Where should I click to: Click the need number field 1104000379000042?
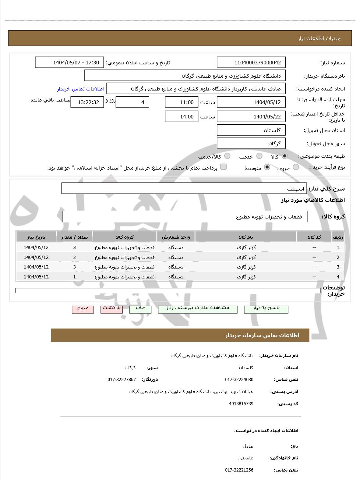(x=251, y=63)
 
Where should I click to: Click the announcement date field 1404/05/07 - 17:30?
(x=69, y=63)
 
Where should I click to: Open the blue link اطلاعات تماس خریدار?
(x=80, y=89)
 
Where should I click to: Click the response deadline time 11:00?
(x=181, y=102)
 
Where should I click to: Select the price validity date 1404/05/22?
(x=251, y=117)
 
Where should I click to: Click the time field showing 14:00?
(x=181, y=117)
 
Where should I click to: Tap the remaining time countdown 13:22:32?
(x=87, y=102)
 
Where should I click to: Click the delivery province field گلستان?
(x=251, y=130)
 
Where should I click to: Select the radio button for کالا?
(x=285, y=156)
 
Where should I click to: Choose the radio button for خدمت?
(x=259, y=156)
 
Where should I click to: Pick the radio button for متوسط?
(x=267, y=167)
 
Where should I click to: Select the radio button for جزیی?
(x=296, y=167)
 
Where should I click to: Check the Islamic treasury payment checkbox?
(x=223, y=167)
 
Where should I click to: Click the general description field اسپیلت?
(x=184, y=188)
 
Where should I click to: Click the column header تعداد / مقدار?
(x=74, y=237)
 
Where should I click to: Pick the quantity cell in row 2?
(x=74, y=257)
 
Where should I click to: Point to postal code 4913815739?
(x=241, y=404)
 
